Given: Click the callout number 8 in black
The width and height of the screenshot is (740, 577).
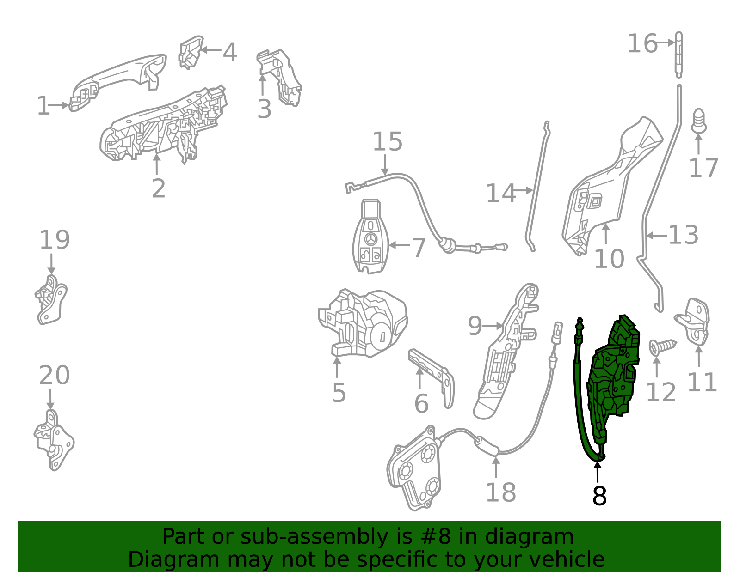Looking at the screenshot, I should (599, 496).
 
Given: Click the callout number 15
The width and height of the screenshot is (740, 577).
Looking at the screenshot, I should (388, 142).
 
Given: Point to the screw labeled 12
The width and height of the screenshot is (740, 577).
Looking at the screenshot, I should (661, 346).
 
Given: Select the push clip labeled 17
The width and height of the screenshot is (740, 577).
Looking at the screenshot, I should (699, 121).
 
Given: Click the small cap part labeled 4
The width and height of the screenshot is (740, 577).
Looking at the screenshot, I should (190, 52).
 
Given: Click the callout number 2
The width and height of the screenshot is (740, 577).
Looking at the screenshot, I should (158, 188).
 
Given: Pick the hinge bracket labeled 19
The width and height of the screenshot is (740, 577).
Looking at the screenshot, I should (51, 300).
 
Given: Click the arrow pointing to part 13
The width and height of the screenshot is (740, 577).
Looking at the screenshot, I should (657, 236).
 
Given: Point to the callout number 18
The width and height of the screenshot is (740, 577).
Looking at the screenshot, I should (500, 492).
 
